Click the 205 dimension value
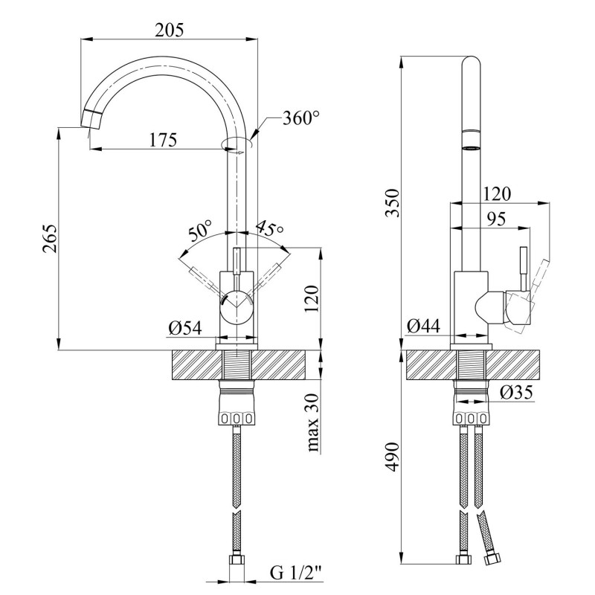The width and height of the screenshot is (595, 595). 169,30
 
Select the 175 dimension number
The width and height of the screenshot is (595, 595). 161,139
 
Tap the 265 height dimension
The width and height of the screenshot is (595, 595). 49,237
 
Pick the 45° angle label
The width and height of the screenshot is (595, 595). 269,228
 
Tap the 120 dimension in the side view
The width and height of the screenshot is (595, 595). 497,194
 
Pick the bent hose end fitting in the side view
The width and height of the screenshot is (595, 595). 492,556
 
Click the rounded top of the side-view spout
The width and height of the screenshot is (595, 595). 472,61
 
